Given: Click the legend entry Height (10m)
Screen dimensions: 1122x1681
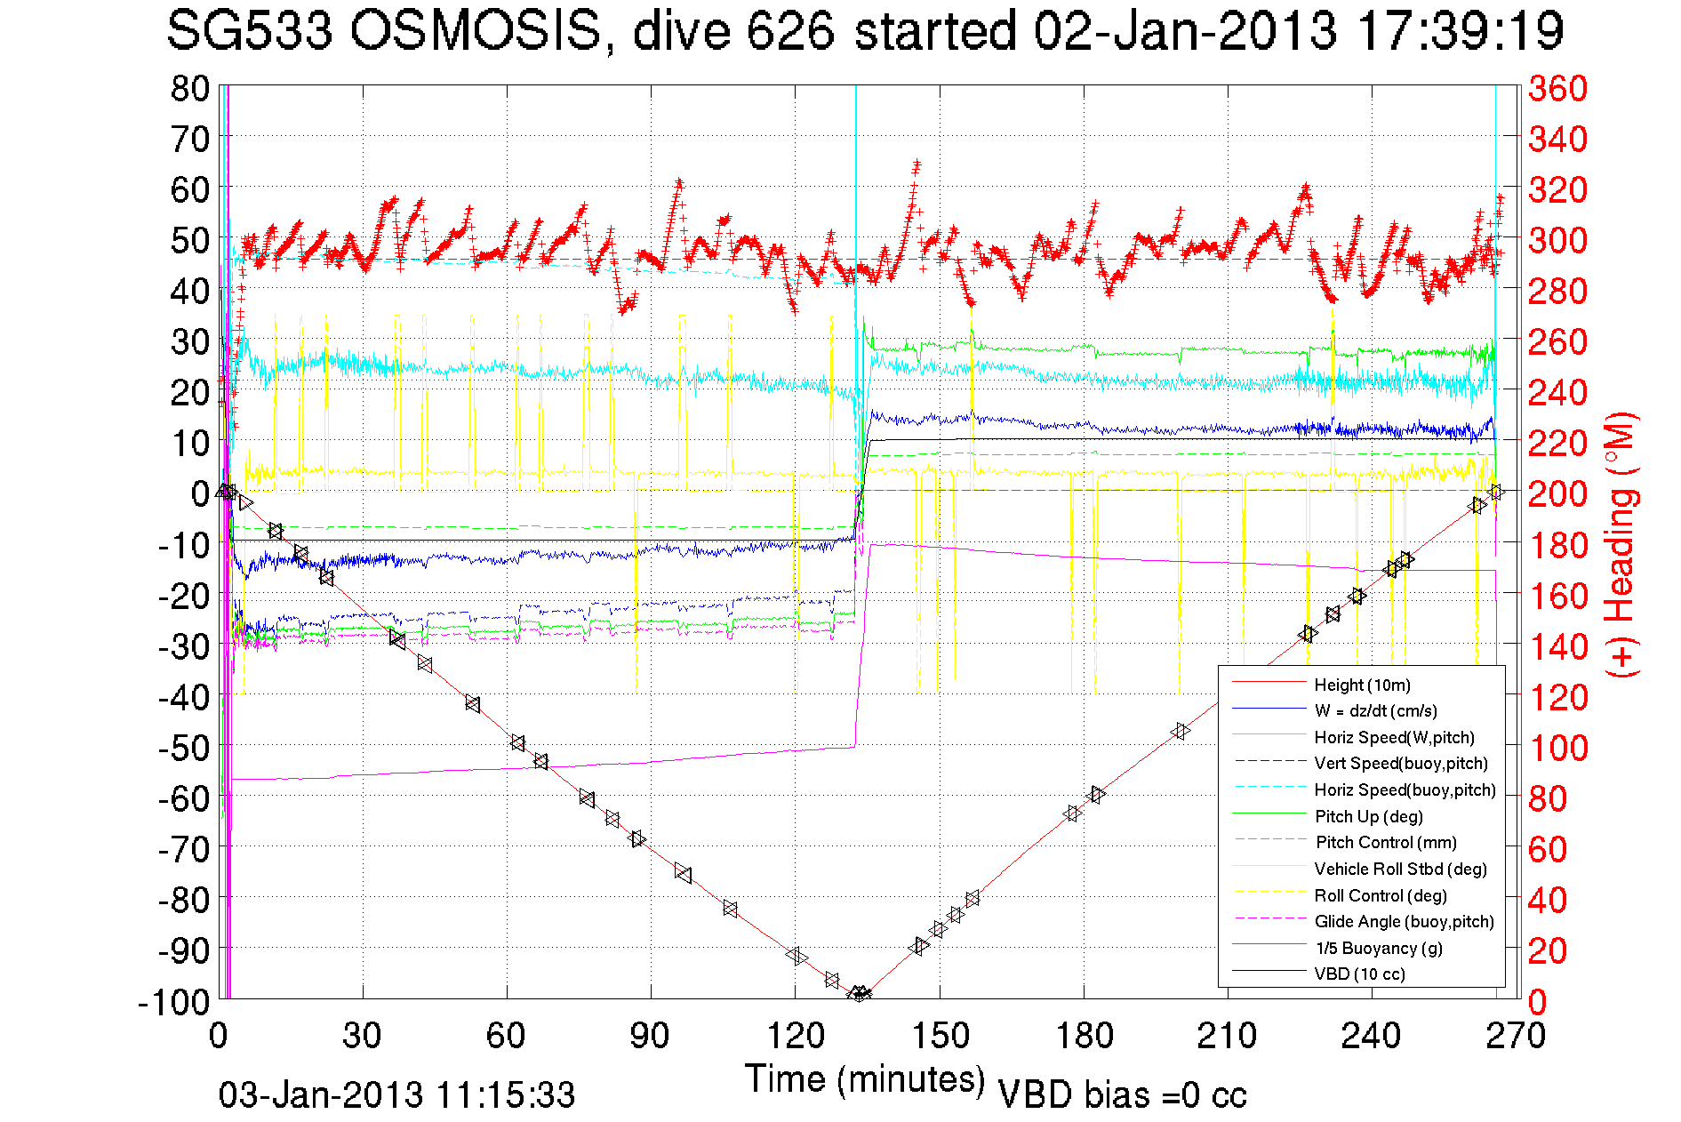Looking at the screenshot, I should (x=1362, y=685).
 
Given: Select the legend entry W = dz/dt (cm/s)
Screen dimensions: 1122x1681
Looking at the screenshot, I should (x=1375, y=711).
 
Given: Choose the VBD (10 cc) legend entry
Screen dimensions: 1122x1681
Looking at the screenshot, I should (x=1359, y=974).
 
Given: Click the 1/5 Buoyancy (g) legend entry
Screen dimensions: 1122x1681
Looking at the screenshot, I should (x=1379, y=949).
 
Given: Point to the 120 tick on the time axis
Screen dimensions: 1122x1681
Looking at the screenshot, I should (x=795, y=1036).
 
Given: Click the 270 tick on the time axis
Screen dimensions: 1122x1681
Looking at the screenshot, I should (x=1516, y=1036).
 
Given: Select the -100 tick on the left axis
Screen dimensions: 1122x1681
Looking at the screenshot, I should (x=173, y=1002).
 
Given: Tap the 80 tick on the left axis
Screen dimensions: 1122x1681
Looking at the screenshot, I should (x=189, y=89).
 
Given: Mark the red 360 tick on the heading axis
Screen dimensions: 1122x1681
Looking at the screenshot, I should (x=1557, y=89).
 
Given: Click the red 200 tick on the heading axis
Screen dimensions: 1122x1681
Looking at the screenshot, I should (x=1557, y=494).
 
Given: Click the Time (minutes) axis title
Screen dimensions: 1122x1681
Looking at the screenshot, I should (x=865, y=1079).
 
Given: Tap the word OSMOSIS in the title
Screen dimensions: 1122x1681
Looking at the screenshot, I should (x=476, y=32).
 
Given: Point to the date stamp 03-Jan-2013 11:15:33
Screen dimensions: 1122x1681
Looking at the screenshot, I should (x=396, y=1095).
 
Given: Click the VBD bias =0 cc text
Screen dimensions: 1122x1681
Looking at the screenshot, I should (x=1122, y=1095).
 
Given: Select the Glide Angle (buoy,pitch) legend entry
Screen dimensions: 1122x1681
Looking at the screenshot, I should (x=1405, y=922).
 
